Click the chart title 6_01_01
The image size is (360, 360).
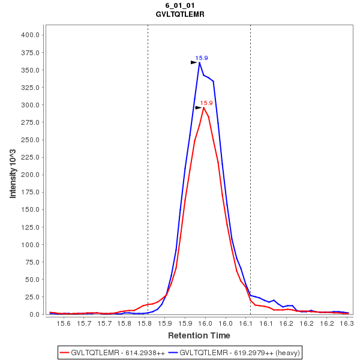(x=179, y=5)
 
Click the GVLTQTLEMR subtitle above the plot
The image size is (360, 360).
(x=179, y=14)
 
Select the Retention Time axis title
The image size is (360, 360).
(x=199, y=335)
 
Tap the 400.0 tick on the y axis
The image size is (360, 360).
(x=30, y=35)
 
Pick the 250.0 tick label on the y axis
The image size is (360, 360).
(x=30, y=140)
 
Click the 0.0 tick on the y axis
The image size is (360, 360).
(x=34, y=314)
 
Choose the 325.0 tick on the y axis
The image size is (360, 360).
(x=30, y=88)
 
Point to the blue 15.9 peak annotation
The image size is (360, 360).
(x=202, y=58)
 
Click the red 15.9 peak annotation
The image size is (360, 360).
(x=206, y=103)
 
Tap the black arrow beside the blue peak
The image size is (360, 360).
(x=194, y=62)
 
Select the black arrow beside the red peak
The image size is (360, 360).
(x=199, y=107)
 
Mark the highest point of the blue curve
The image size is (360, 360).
(x=199, y=62)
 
